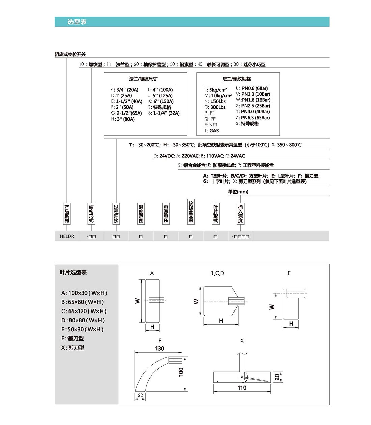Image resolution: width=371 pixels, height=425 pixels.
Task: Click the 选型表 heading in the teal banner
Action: pyautogui.click(x=77, y=22)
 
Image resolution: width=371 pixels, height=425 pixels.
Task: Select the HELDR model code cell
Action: pyautogui.click(x=67, y=236)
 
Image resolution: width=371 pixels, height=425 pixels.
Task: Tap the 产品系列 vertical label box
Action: pyautogui.click(x=67, y=214)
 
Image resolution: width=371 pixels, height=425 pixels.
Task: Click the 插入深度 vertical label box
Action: pyautogui.click(x=240, y=214)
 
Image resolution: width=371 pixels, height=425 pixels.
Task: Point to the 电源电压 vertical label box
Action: pyautogui.click(x=166, y=214)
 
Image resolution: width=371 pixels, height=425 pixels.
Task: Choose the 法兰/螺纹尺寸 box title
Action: pyautogui.click(x=143, y=79)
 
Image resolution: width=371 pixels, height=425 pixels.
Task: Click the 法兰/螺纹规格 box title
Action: pyautogui.click(x=236, y=79)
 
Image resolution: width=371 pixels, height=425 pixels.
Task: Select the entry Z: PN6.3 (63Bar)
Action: pyautogui.click(x=253, y=118)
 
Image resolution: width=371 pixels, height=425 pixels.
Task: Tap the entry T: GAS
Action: pyautogui.click(x=211, y=131)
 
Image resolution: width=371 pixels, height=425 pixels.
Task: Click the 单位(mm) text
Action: pyautogui.click(x=238, y=192)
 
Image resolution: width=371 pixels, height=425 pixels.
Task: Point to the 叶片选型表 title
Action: pyautogui.click(x=73, y=272)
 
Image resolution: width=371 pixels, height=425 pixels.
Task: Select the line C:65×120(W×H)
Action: pyautogui.click(x=84, y=311)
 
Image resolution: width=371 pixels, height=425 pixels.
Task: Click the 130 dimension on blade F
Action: pyautogui.click(x=160, y=348)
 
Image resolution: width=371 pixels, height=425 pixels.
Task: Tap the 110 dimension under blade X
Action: pyautogui.click(x=242, y=388)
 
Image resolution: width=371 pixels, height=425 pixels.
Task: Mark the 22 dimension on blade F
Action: pyautogui.click(x=140, y=395)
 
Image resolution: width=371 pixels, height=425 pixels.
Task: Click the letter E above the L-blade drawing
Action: pyautogui.click(x=289, y=273)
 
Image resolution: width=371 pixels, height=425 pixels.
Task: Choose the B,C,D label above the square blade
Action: pyautogui.click(x=217, y=273)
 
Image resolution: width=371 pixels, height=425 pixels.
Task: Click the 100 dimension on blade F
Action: pyautogui.click(x=181, y=372)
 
